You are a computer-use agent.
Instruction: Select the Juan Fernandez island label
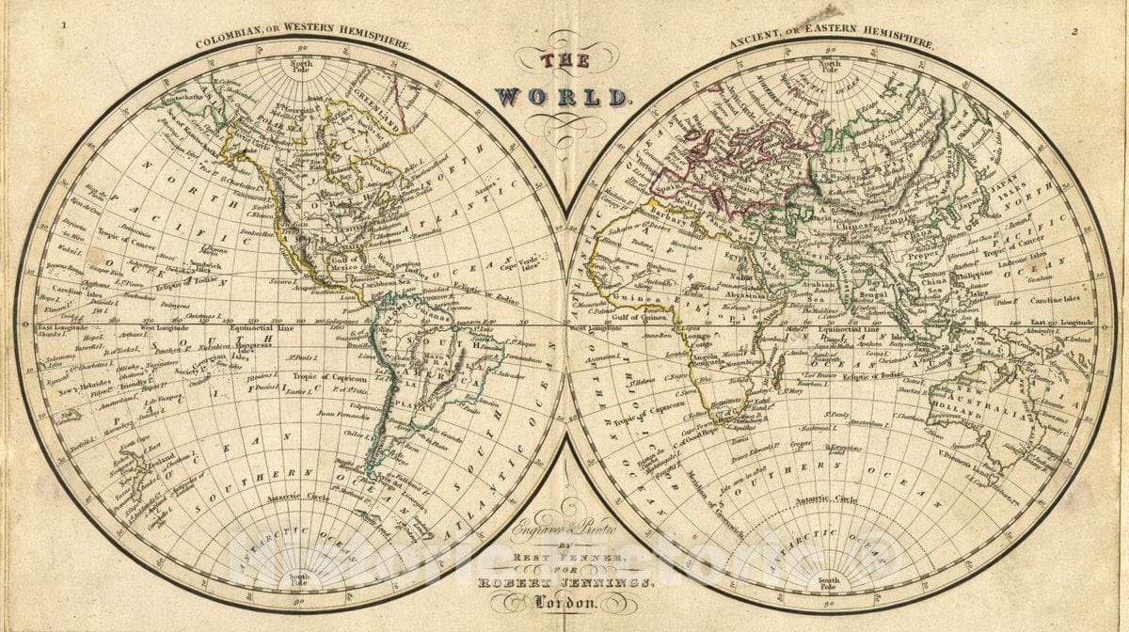(339, 413)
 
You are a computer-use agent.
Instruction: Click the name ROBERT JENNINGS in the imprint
(564, 581)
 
